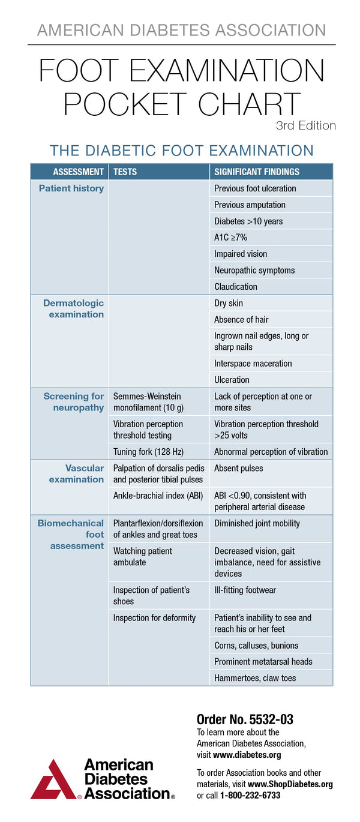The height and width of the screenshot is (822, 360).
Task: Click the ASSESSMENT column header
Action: [x=78, y=172]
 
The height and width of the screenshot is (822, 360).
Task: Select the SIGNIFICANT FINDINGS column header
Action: [x=257, y=172]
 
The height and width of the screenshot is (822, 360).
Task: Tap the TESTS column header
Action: [x=125, y=172]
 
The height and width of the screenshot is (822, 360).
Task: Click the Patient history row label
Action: [x=71, y=188]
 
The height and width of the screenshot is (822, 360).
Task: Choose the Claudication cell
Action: [x=236, y=287]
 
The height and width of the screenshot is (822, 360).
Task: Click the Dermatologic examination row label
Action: [x=73, y=308]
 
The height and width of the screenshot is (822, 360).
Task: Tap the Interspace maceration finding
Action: [x=253, y=364]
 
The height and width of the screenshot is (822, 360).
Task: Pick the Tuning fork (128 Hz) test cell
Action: [x=148, y=452]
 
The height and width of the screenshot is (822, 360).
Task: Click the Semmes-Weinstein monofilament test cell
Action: [x=148, y=402]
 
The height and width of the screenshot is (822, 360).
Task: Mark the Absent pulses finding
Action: [x=239, y=468]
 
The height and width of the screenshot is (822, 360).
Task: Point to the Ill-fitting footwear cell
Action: [x=245, y=590]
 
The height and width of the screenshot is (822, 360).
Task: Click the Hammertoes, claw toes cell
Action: [x=255, y=678]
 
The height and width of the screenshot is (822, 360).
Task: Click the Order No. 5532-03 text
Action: [x=245, y=719]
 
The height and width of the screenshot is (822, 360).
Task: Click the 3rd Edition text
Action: [x=305, y=125]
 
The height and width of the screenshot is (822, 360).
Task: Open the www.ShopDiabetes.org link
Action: [x=290, y=784]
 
